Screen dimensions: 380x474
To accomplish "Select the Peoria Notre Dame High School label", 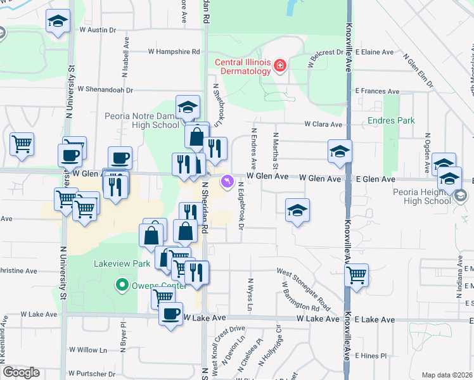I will click(143, 120).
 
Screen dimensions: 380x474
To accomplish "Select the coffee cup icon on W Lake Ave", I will click(170, 313).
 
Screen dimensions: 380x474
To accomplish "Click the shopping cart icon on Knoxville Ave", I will click(357, 275).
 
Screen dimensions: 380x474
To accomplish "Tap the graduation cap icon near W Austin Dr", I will click(58, 21).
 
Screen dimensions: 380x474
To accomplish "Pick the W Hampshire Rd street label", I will click(174, 52).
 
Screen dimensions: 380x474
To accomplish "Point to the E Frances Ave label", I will click(378, 91).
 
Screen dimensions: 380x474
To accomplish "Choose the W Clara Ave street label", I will click(323, 124).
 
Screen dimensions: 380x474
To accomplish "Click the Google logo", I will click(21, 372).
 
